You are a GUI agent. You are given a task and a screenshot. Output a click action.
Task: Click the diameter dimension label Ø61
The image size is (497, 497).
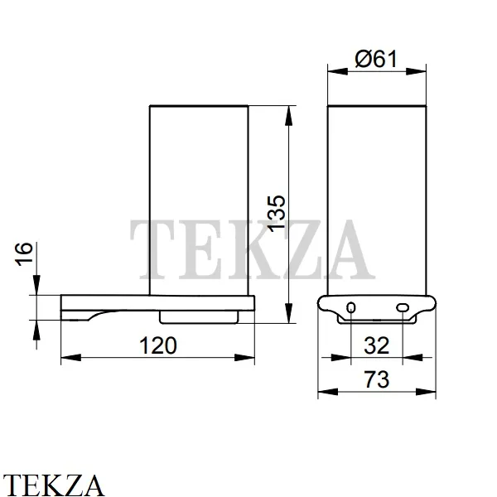tap(376, 59)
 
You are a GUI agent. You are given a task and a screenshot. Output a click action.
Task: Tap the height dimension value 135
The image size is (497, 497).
tap(276, 213)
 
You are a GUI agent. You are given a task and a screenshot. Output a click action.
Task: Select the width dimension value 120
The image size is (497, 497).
tap(158, 345)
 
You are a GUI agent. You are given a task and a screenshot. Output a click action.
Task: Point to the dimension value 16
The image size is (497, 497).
tap(24, 254)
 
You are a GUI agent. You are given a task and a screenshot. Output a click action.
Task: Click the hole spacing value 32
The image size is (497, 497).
tap(376, 345)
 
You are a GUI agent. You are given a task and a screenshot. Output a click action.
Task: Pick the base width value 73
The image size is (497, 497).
tap(376, 379)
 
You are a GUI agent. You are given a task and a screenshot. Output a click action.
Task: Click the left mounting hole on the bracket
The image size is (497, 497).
tap(351, 307)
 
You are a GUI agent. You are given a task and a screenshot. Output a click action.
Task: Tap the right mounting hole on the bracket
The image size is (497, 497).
tap(403, 307)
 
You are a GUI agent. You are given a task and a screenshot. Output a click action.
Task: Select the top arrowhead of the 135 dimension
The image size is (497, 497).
tap(288, 116)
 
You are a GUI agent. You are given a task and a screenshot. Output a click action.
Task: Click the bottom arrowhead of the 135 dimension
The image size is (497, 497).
tap(288, 313)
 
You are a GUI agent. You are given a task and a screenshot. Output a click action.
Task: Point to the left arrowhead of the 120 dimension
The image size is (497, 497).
tap(71, 358)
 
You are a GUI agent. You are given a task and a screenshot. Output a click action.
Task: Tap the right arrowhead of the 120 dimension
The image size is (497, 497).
tap(244, 358)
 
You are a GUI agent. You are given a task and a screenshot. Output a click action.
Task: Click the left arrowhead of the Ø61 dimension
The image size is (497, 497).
tap(338, 71)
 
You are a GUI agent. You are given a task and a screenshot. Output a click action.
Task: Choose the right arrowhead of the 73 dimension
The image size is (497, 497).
tap(426, 392)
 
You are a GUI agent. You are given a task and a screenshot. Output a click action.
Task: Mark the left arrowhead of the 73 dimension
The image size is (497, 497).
tap(328, 392)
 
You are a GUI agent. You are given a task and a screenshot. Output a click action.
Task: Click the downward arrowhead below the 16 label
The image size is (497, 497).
tap(36, 285)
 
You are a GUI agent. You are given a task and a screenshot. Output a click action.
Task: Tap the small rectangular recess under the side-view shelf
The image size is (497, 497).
tap(199, 317)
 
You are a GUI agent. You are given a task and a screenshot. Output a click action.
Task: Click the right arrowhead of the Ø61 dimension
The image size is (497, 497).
tap(416, 71)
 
